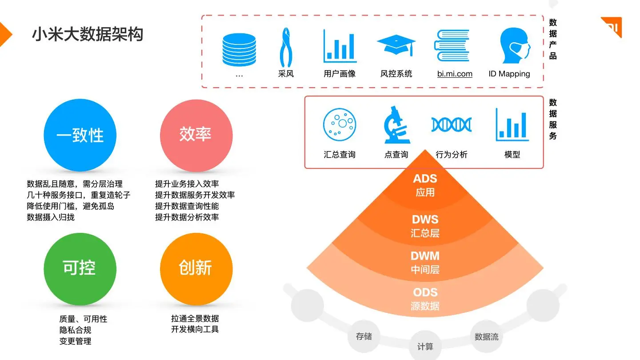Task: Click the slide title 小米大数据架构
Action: (88, 34)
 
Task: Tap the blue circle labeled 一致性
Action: (80, 135)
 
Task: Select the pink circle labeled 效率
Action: (196, 135)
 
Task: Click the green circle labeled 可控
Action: (80, 268)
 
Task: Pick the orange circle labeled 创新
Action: (196, 268)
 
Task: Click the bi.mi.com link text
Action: (455, 74)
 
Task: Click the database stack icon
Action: (239, 49)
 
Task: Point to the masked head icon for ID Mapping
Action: (514, 46)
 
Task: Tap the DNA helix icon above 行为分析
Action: (452, 124)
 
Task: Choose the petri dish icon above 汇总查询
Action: (340, 124)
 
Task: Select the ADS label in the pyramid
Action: (425, 179)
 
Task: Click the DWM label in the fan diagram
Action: (425, 256)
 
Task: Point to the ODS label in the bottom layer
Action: (425, 292)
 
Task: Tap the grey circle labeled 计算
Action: (425, 346)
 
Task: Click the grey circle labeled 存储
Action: (364, 336)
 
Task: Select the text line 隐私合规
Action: (75, 330)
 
